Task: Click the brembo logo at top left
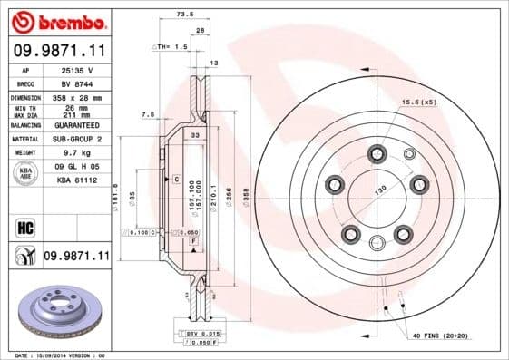(x=57, y=20)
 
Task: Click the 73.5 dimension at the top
(x=184, y=15)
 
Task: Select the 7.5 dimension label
(x=149, y=114)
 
